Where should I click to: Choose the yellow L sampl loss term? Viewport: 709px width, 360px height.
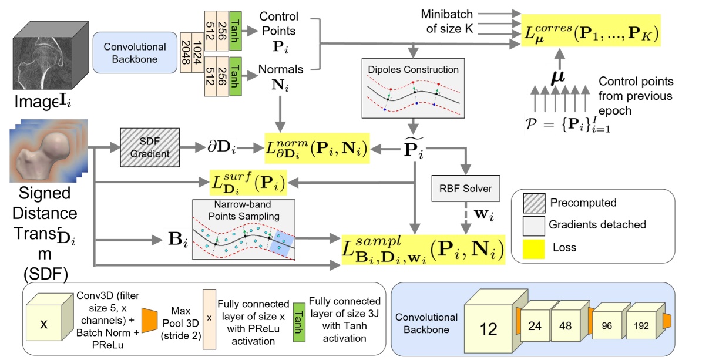coord(423,248)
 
